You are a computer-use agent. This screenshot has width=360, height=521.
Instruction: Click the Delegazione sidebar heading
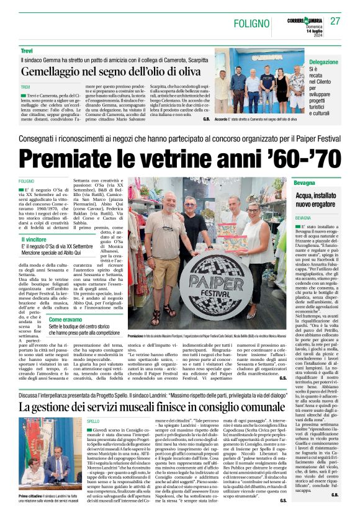tap(323, 63)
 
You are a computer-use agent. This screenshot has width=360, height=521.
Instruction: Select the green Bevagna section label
tap(305, 185)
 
